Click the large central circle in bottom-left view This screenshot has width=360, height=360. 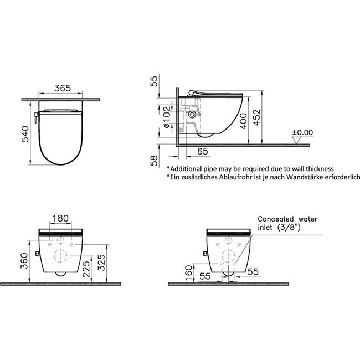(61, 257)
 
